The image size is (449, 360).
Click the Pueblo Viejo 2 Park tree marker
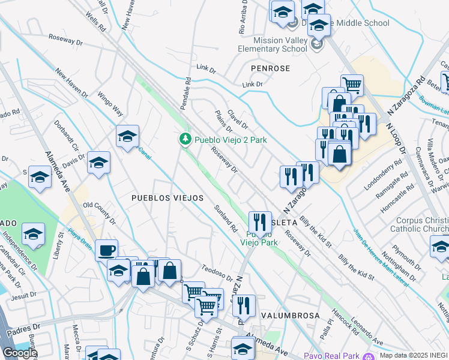tap(186, 139)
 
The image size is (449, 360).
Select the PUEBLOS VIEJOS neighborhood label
tap(167, 197)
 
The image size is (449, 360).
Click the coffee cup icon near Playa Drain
tap(106, 250)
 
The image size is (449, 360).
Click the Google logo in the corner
tap(20, 353)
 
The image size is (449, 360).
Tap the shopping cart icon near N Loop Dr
tap(351, 84)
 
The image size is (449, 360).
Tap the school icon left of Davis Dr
tap(98, 161)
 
